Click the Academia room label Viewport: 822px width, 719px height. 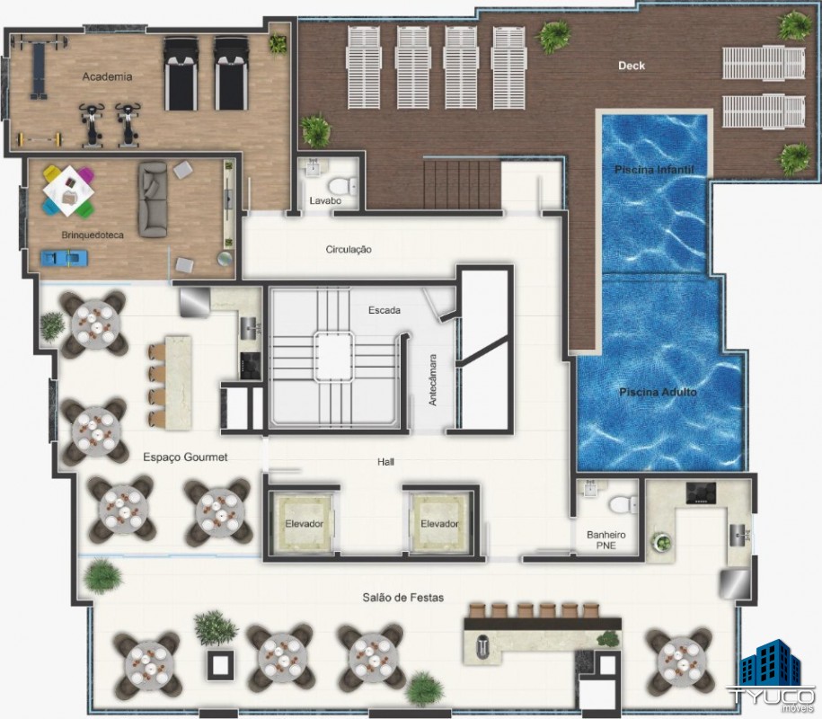pyautogui.click(x=107, y=76)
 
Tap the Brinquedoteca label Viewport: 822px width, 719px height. pyautogui.click(x=93, y=235)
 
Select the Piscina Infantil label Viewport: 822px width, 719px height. pyautogui.click(x=654, y=169)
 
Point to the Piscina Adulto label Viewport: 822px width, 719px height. pyautogui.click(x=658, y=392)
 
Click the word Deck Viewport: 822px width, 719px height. pyautogui.click(x=632, y=66)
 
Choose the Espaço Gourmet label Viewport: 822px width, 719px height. pyautogui.click(x=185, y=457)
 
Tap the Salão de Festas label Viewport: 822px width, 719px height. pyautogui.click(x=402, y=598)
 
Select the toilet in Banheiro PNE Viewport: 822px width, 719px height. pyautogui.click(x=623, y=504)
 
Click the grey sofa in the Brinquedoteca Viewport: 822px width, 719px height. pyautogui.click(x=153, y=200)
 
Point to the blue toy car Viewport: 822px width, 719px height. pyautogui.click(x=64, y=258)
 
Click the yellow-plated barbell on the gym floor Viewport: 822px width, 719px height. pyautogui.click(x=40, y=139)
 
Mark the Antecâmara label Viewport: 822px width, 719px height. pyautogui.click(x=433, y=380)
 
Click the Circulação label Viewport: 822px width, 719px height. pyautogui.click(x=349, y=250)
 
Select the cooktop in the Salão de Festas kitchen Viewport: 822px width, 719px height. pyautogui.click(x=701, y=493)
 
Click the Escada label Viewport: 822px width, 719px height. pyautogui.click(x=384, y=310)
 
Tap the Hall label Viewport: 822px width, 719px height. pyautogui.click(x=385, y=462)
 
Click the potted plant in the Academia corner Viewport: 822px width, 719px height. pyautogui.click(x=278, y=43)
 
